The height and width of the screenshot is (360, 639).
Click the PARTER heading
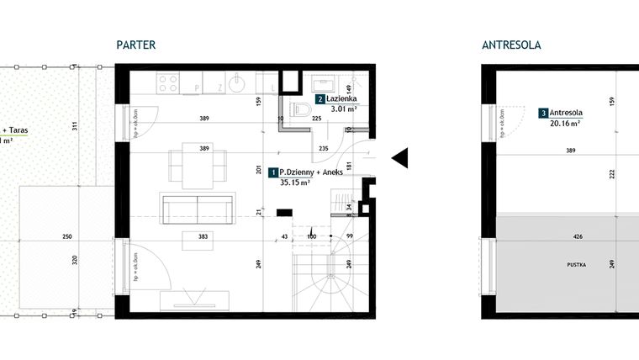click(136, 45)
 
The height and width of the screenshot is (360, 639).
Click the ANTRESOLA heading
click(510, 45)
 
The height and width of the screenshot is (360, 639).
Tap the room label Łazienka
click(343, 98)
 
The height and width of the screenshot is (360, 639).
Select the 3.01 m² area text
click(343, 109)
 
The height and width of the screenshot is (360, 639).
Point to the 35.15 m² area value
click(295, 182)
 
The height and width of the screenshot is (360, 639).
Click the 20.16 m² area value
click(566, 122)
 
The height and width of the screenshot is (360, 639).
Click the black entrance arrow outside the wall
click(399, 156)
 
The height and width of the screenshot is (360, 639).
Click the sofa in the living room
click(197, 208)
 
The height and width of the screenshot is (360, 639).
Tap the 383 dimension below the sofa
click(203, 236)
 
